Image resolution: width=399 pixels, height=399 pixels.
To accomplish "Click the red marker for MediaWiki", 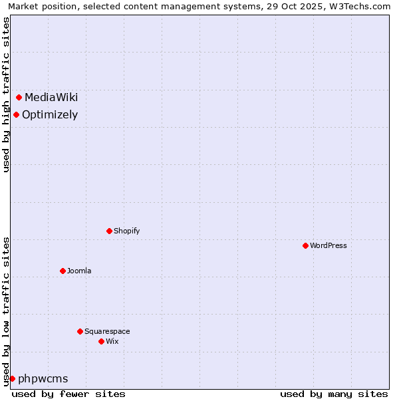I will pyautogui.click(x=19, y=98).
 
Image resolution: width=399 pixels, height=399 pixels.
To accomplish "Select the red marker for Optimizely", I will pyautogui.click(x=16, y=114).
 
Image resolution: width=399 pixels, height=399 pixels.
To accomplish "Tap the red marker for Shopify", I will pyautogui.click(x=109, y=231).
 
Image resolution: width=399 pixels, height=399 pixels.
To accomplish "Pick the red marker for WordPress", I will pyautogui.click(x=305, y=245).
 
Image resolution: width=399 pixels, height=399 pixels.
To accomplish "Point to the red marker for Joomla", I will pyautogui.click(x=63, y=271).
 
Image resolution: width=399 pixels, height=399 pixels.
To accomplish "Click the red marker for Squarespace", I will pyautogui.click(x=80, y=331).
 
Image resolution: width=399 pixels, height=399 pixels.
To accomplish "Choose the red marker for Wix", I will pyautogui.click(x=101, y=341).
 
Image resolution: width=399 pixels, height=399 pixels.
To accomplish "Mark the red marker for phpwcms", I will pyautogui.click(x=12, y=378).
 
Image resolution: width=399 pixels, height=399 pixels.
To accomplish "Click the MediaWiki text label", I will pyautogui.click(x=51, y=98).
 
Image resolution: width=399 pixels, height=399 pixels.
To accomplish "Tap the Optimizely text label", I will pyautogui.click(x=50, y=114).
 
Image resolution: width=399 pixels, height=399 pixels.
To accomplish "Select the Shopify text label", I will pyautogui.click(x=126, y=231).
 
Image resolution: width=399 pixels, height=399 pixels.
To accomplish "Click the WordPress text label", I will pyautogui.click(x=328, y=245).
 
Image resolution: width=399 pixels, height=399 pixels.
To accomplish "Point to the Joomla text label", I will pyautogui.click(x=79, y=271).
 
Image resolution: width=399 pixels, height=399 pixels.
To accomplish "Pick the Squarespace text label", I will pyautogui.click(x=107, y=331).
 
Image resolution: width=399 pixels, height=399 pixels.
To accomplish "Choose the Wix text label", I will pyautogui.click(x=112, y=341).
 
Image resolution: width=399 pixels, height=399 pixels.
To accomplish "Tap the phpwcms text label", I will pyautogui.click(x=43, y=378).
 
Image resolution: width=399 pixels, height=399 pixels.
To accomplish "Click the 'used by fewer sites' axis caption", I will pyautogui.click(x=68, y=394).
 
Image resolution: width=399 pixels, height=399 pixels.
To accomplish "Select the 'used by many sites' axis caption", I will pyautogui.click(x=334, y=394).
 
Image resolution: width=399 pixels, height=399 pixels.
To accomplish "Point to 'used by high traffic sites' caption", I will pyautogui.click(x=6, y=94).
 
